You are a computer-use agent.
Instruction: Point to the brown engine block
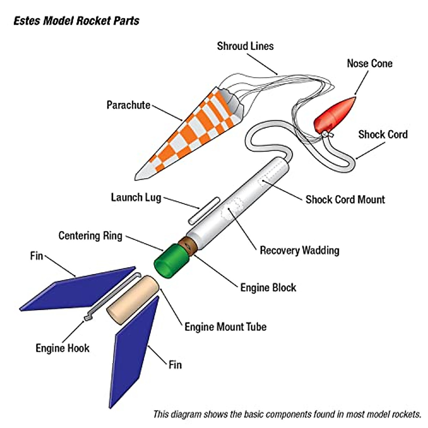tap(189, 246)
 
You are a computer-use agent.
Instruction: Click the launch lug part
tap(204, 210)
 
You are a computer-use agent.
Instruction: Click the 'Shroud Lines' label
tap(245, 46)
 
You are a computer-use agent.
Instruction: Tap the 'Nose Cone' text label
tap(370, 63)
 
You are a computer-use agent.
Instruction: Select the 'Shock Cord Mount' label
tap(345, 199)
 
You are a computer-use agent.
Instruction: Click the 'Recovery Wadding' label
tap(299, 250)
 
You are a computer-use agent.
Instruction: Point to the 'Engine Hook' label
tap(62, 348)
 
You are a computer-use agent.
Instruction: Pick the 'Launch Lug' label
tap(136, 198)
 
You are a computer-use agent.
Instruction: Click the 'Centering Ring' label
tap(90, 236)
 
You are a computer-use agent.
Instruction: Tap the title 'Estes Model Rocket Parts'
tap(76, 21)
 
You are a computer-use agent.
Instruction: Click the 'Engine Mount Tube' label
tap(225, 327)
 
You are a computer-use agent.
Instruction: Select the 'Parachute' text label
tap(128, 105)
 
